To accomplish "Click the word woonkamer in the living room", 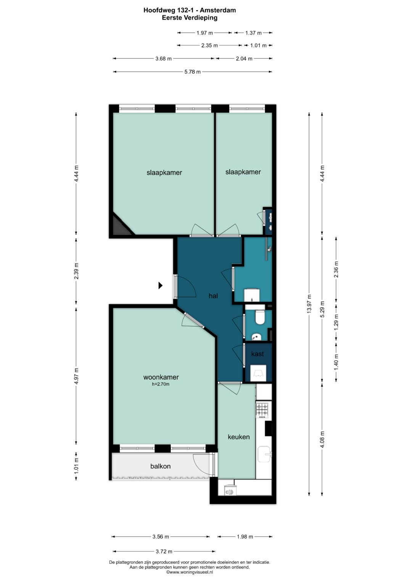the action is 161,377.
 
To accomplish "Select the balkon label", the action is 160,466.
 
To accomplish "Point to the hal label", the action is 213,296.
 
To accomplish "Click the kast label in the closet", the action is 257,354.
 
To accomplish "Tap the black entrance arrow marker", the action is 161,285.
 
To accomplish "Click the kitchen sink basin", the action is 264,454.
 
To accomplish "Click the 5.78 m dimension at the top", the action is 193,72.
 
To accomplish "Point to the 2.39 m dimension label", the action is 76,271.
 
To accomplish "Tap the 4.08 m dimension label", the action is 322,439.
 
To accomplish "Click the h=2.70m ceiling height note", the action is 161,384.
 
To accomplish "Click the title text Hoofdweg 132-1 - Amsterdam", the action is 190,10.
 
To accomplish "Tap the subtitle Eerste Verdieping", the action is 190,18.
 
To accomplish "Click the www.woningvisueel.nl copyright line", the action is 190,572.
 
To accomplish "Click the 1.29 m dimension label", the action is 336,322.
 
